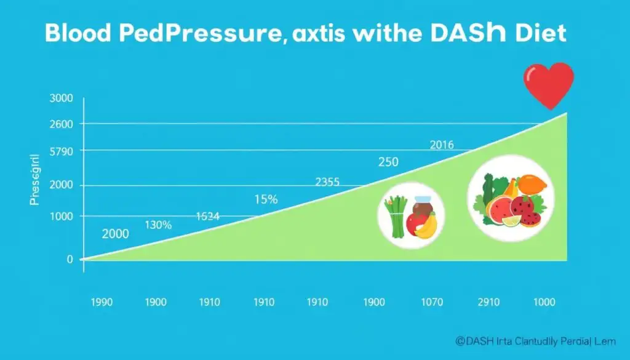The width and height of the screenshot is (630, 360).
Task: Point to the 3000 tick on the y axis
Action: [x=60, y=98]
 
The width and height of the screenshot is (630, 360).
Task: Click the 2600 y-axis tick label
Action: [x=60, y=124]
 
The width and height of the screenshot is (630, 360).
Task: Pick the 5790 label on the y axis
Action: [x=60, y=151]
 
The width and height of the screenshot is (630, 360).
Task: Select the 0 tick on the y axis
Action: [x=70, y=260]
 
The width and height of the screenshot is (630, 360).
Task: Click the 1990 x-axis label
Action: [x=102, y=303]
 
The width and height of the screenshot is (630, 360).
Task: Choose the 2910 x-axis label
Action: [x=488, y=303]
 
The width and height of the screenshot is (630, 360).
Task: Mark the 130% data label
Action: [x=158, y=225]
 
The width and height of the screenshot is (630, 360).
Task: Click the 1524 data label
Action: [x=207, y=217]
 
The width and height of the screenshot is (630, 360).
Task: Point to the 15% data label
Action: [x=266, y=199]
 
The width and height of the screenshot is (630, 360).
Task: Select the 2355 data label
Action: [x=327, y=182]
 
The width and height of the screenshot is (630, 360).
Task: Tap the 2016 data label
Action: [x=441, y=145]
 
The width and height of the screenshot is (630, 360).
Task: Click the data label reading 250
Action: [x=388, y=162]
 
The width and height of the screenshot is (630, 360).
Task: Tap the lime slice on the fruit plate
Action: [x=511, y=221]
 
